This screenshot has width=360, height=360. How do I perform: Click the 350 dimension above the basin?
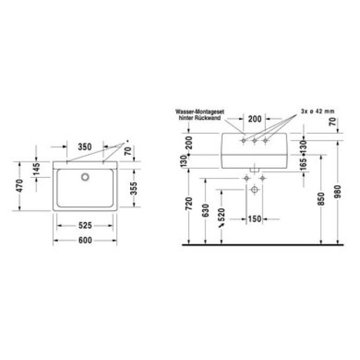tap(85, 147)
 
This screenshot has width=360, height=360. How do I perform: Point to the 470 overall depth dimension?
tap(20, 186)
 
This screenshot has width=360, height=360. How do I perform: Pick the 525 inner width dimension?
tap(85, 225)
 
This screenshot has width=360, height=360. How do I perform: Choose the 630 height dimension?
tap(206, 210)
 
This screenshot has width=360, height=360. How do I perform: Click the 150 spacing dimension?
tap(254, 219)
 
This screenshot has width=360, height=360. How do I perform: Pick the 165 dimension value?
tap(304, 163)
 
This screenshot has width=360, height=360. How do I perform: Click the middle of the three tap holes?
tap(254, 139)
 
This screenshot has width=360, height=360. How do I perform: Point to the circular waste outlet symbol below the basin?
tap(254, 190)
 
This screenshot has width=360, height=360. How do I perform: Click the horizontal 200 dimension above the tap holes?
tap(254, 118)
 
